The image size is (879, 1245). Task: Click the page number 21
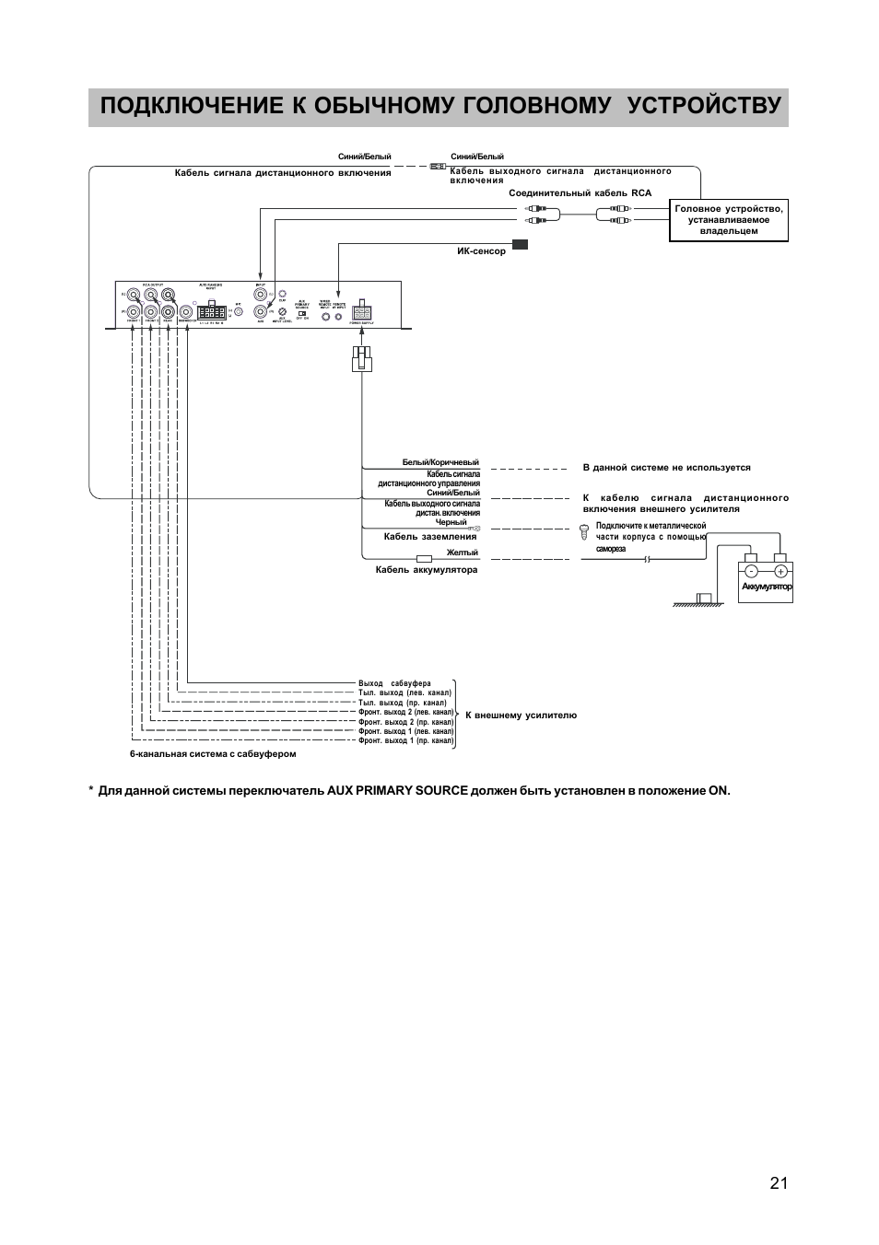779,1183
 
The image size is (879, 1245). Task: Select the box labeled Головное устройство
728,220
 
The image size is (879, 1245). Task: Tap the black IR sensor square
521,244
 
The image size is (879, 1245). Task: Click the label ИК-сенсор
482,252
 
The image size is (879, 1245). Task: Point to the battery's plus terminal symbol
780,571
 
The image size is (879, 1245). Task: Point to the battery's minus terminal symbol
751,571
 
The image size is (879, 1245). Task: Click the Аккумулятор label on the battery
767,587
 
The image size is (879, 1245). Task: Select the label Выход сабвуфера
394,683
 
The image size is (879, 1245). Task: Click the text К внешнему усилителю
521,715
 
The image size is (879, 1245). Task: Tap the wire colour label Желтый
463,553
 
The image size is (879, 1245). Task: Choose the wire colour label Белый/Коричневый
440,462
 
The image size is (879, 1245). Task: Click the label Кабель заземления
430,536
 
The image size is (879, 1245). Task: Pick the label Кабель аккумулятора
427,570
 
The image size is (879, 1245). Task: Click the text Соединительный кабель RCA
580,193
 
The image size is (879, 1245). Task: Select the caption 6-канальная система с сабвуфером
213,753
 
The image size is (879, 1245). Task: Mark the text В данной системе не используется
666,468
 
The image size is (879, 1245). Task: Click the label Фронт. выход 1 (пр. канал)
405,740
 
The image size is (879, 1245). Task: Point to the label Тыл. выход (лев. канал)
404,692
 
